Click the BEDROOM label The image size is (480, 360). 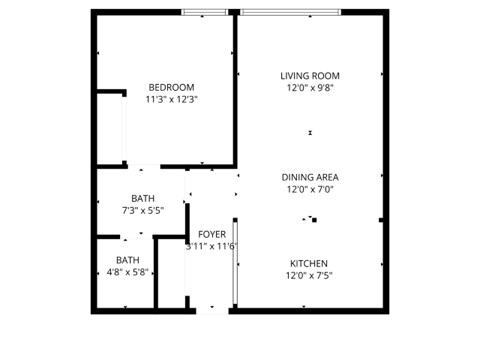pos(171,87)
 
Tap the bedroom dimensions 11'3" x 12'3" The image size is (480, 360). pos(171,99)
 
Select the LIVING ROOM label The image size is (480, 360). pos(310,75)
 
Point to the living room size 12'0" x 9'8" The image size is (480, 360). pos(310,87)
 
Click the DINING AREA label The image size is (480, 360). pos(310,176)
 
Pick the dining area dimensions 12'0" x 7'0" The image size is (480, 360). pos(310,188)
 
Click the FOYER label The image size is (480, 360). pos(211,234)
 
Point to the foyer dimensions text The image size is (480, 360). pos(211,246)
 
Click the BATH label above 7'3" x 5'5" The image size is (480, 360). pos(142,198)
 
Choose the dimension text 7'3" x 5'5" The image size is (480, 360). pos(142,210)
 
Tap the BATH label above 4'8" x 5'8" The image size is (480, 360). pos(128,259)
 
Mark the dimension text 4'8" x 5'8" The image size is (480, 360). pos(128,271)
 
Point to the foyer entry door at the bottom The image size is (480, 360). pos(212,309)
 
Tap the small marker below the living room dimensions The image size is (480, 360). pos(310,133)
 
